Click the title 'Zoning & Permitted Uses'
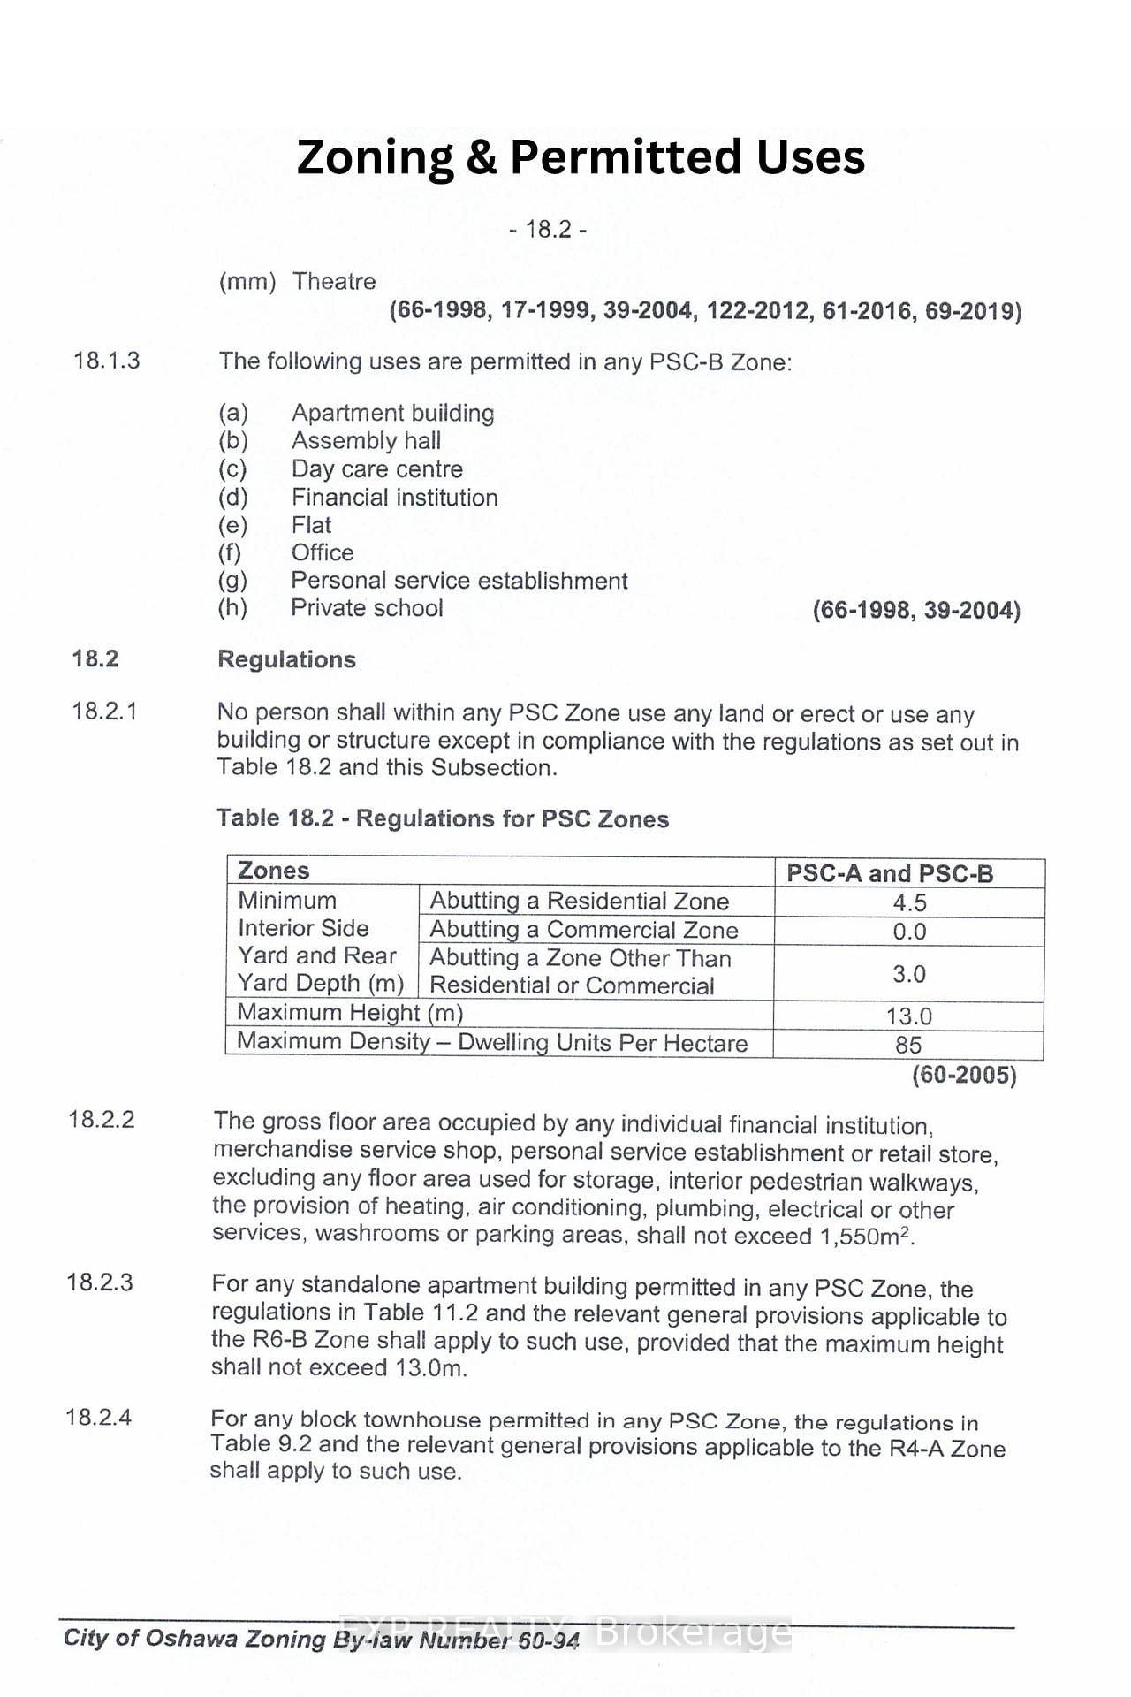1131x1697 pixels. point(581,157)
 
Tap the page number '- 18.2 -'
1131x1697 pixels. point(548,230)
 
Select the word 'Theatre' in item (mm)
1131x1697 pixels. point(334,282)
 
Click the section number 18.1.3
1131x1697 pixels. point(106,361)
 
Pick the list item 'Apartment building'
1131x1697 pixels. point(392,413)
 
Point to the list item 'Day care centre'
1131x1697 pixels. point(376,469)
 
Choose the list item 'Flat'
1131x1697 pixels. point(311,525)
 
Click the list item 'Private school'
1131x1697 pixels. point(367,608)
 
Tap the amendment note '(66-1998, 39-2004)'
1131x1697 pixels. point(916,611)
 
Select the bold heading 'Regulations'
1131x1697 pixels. point(286,659)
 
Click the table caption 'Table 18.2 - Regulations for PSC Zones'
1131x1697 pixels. point(443,818)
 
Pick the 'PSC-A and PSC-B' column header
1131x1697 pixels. point(890,873)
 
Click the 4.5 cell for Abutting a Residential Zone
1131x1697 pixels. point(909,902)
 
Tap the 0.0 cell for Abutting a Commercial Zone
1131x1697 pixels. point(909,932)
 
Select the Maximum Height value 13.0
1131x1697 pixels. point(909,1016)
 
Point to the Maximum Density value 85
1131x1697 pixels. point(908,1045)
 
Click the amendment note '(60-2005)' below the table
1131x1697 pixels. point(964,1076)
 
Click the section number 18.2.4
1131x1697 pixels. point(98,1418)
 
